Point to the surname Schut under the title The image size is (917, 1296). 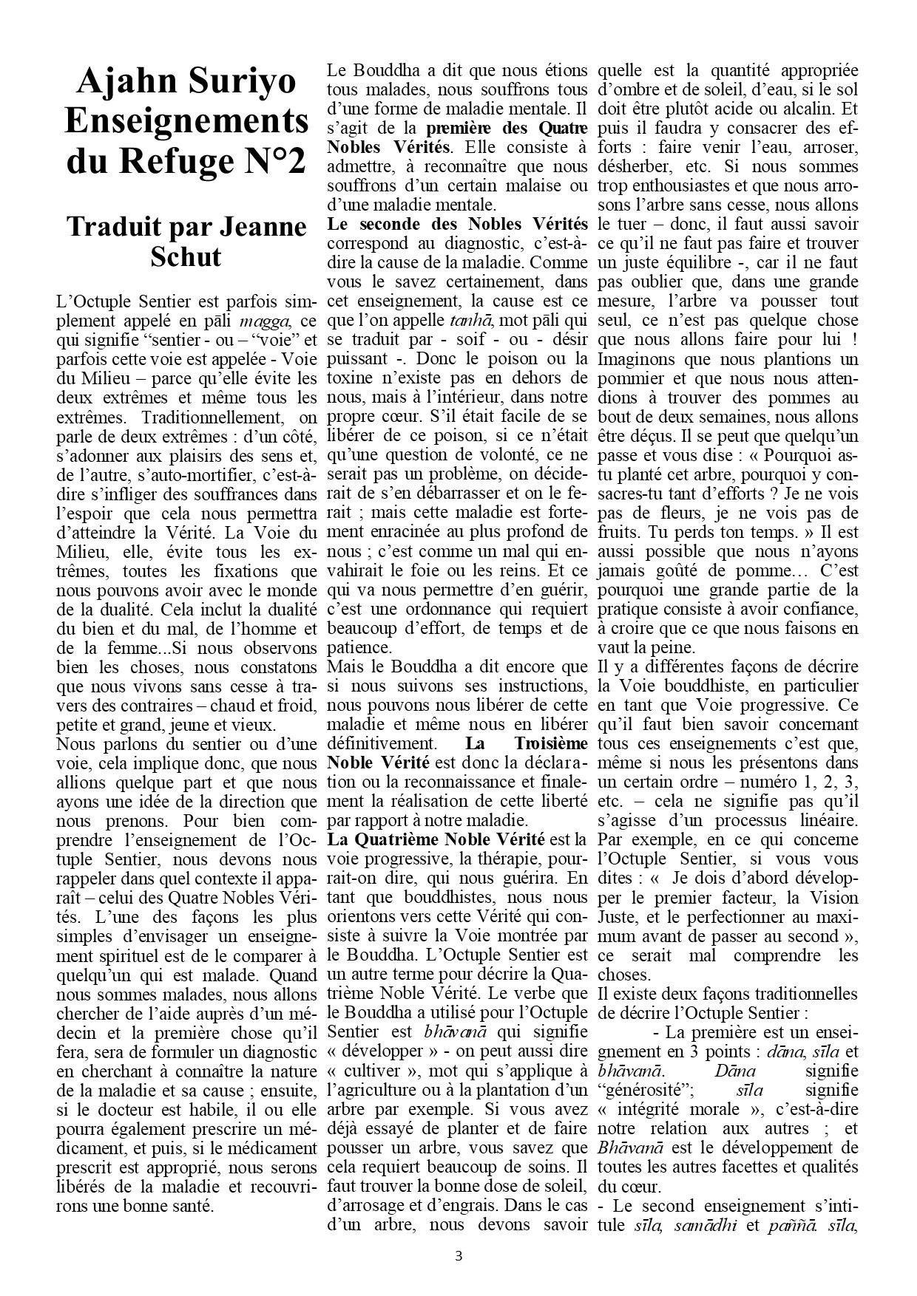[186, 256]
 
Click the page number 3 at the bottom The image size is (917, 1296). [458, 1255]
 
